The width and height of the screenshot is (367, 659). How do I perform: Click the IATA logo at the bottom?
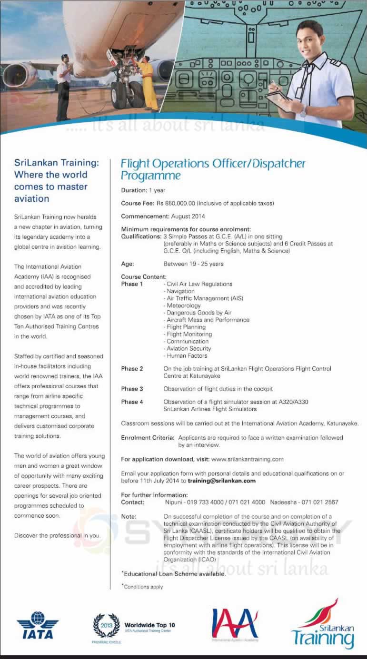tap(38, 624)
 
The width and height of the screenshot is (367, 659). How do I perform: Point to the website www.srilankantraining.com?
tap(247, 459)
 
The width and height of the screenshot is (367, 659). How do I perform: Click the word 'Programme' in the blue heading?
tap(150, 176)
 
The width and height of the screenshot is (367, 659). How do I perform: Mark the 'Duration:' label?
tap(134, 190)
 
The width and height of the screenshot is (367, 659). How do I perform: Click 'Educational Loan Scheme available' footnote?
tap(174, 574)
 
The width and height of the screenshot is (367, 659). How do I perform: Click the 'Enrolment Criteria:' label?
tap(148, 438)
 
